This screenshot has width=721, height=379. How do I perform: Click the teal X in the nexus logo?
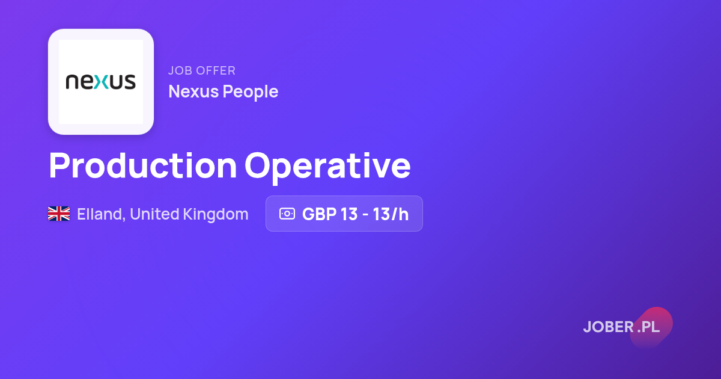tap(102, 82)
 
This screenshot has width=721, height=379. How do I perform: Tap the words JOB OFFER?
tap(202, 70)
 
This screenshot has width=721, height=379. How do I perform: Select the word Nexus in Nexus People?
tap(193, 91)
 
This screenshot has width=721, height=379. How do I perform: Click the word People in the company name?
tap(251, 92)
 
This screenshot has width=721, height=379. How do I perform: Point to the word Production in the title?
tap(143, 165)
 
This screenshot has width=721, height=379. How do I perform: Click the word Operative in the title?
tap(327, 168)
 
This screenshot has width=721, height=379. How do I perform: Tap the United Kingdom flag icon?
tap(59, 214)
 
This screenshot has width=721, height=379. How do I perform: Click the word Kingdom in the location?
tap(216, 214)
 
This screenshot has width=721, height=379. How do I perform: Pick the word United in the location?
tap(154, 214)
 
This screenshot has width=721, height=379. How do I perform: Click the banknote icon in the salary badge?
tap(287, 214)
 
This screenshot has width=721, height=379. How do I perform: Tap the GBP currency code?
tap(319, 214)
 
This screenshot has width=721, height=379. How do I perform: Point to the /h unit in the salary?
tap(400, 214)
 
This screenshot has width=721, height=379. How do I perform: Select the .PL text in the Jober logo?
tap(648, 327)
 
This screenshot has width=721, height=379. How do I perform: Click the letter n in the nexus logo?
tap(72, 82)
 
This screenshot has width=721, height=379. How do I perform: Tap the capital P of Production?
tap(59, 165)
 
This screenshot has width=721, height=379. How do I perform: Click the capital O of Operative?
tap(258, 165)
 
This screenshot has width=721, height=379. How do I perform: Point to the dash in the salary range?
tap(365, 215)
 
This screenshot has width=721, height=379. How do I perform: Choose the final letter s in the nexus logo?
tap(130, 82)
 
